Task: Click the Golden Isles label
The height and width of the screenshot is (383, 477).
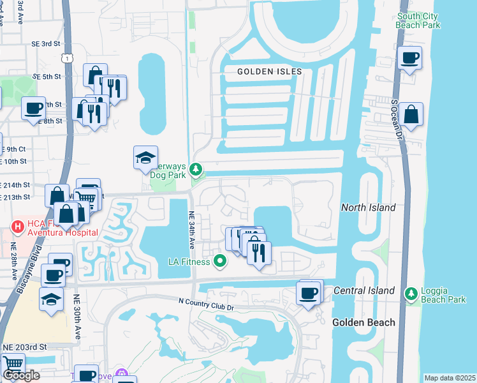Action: pos(269,71)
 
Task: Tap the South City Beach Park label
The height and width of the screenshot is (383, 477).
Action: pos(418,20)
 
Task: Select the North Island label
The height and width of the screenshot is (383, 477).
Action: pos(368,207)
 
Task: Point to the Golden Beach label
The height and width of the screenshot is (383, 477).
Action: pos(363,322)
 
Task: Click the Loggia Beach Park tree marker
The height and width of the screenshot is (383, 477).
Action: pos(411,292)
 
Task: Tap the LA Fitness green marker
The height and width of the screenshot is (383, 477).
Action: pos(220,260)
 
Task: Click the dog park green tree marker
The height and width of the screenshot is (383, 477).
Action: pos(198,170)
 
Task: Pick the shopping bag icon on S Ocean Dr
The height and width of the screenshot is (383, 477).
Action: pos(411,115)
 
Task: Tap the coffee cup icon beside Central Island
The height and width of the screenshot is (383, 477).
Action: pos(309,293)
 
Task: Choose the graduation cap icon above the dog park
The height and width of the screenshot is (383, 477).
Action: pos(145,157)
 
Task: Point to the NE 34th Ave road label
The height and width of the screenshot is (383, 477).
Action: pos(191,230)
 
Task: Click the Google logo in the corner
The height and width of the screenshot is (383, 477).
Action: pos(21,375)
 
